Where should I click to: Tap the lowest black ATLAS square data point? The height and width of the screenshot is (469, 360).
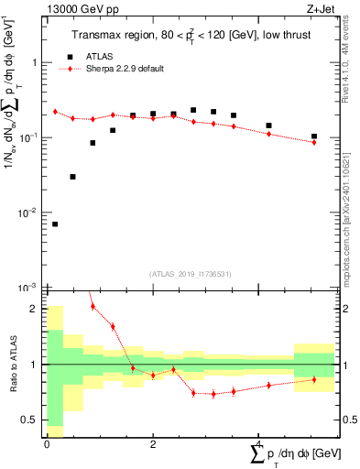point(55,224)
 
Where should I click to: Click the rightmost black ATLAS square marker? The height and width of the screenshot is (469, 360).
point(314,136)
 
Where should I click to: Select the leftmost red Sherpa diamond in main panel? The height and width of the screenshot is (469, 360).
point(55,112)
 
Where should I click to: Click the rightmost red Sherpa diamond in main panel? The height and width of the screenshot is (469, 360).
point(314,142)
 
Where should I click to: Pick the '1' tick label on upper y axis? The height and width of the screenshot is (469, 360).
point(35,62)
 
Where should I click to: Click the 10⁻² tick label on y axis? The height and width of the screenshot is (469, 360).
point(29,213)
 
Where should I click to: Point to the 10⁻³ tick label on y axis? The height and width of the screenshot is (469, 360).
point(29,288)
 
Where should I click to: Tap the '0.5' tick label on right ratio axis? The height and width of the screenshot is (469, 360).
point(347,420)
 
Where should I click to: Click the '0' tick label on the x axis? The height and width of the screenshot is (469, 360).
point(47,442)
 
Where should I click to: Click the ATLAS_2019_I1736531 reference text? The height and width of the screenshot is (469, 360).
point(191,274)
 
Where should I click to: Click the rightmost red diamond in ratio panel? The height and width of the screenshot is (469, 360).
point(314,379)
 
